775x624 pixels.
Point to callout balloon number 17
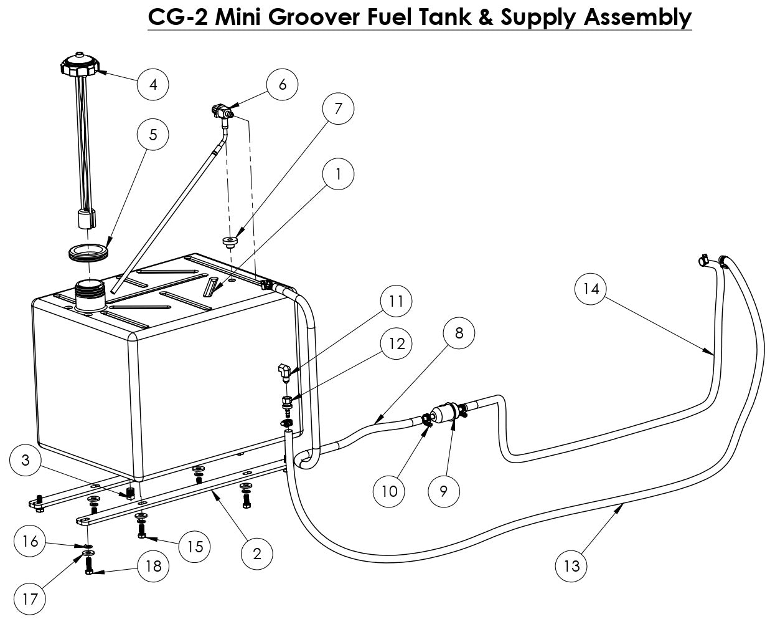point(30,599)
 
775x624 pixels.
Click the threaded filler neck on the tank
point(87,292)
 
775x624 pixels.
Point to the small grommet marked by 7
point(231,241)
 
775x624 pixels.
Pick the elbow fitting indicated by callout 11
point(284,372)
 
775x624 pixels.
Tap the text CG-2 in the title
point(178,17)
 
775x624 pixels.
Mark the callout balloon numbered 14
point(591,289)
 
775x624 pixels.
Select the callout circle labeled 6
point(283,84)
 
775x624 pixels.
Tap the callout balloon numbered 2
point(258,553)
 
